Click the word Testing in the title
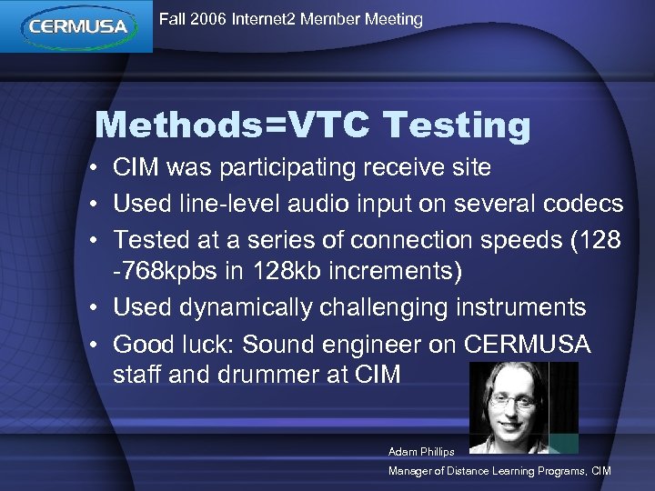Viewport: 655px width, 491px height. (x=457, y=125)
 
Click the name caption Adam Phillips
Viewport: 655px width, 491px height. (x=421, y=452)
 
